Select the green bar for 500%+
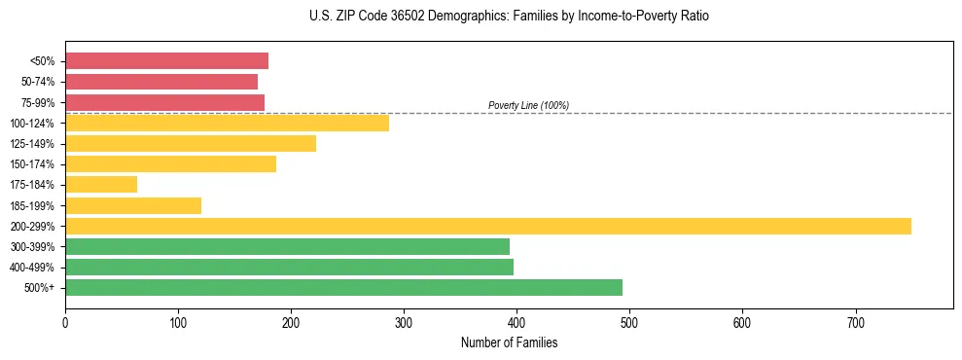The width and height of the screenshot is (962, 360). [343, 287]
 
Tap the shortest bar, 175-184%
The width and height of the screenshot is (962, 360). [101, 184]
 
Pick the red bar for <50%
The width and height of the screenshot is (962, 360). [166, 61]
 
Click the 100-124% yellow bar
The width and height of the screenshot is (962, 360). [227, 123]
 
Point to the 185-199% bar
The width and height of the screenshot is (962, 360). [133, 205]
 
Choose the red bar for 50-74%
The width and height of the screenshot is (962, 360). [161, 82]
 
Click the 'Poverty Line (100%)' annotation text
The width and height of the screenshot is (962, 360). [528, 105]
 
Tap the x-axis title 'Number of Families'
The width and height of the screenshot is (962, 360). [509, 342]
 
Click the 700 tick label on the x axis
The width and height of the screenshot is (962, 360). [855, 321]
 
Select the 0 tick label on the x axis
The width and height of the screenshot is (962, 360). [65, 321]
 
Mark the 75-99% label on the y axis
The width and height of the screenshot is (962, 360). [38, 103]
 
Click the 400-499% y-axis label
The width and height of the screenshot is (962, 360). [33, 268]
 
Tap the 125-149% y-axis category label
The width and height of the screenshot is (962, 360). [33, 144]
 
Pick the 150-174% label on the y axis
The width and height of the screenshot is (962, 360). [33, 164]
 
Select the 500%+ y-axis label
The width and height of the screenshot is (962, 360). [41, 288]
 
